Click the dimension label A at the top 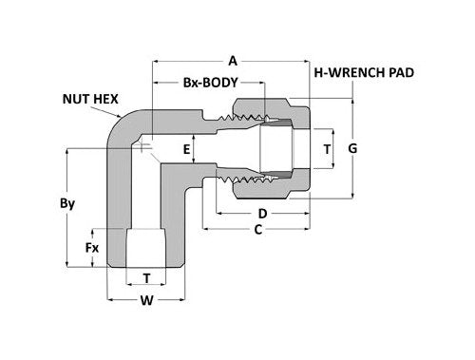coord(232,57)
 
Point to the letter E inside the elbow coord(187,149)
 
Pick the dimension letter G coord(353,148)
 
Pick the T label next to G coord(328,149)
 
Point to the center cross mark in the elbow coord(142,147)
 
